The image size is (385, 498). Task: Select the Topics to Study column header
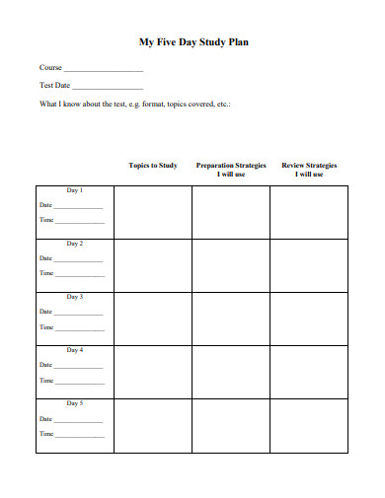(x=153, y=166)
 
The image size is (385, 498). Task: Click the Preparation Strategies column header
(x=231, y=170)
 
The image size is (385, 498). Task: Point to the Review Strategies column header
(x=309, y=170)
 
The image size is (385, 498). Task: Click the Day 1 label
(x=75, y=190)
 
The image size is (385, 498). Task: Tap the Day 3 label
(x=75, y=297)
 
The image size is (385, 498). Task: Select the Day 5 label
(x=75, y=403)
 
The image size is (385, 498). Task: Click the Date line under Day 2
(x=79, y=260)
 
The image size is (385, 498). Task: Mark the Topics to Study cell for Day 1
(x=153, y=211)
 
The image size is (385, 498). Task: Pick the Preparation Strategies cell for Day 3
(x=231, y=318)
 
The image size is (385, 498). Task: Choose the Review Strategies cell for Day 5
(x=309, y=426)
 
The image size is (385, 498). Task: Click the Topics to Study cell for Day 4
(x=153, y=372)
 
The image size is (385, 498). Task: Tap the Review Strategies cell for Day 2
(x=309, y=264)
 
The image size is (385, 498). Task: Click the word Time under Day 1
(x=45, y=220)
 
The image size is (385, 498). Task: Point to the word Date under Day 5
(x=45, y=418)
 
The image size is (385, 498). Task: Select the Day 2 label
(x=75, y=244)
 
